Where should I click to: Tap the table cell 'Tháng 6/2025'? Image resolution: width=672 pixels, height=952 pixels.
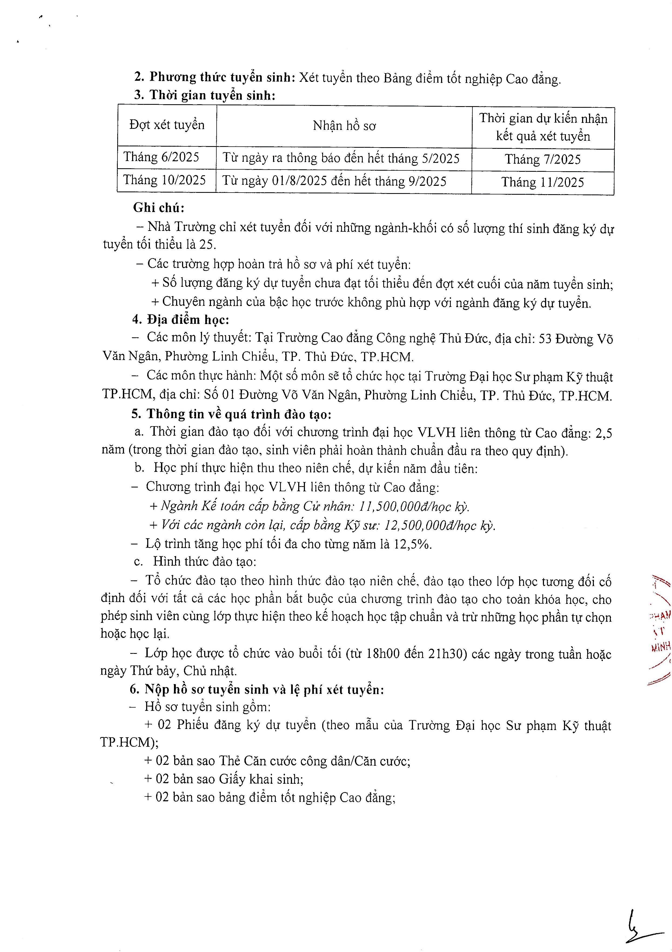pyautogui.click(x=161, y=157)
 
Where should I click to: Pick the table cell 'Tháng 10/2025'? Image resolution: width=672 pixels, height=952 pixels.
pyautogui.click(x=164, y=180)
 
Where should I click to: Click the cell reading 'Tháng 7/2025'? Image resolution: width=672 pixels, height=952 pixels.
pyautogui.click(x=543, y=160)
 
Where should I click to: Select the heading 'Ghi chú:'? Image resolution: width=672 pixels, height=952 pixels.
pyautogui.click(x=159, y=207)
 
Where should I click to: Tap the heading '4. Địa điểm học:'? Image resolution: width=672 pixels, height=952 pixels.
pyautogui.click(x=181, y=320)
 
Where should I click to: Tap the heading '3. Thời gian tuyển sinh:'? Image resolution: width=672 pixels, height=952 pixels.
pyautogui.click(x=204, y=95)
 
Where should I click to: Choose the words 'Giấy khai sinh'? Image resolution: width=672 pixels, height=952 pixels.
pyautogui.click(x=260, y=779)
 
